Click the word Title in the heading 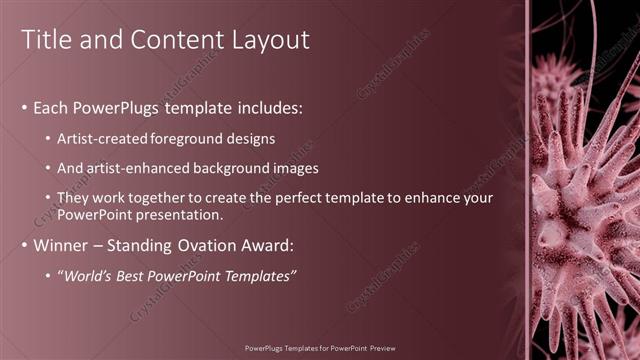46,40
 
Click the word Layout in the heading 272,40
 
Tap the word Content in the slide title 176,40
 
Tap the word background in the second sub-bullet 243,168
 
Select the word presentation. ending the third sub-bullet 177,214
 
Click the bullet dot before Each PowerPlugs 24,108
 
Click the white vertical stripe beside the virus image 527,180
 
